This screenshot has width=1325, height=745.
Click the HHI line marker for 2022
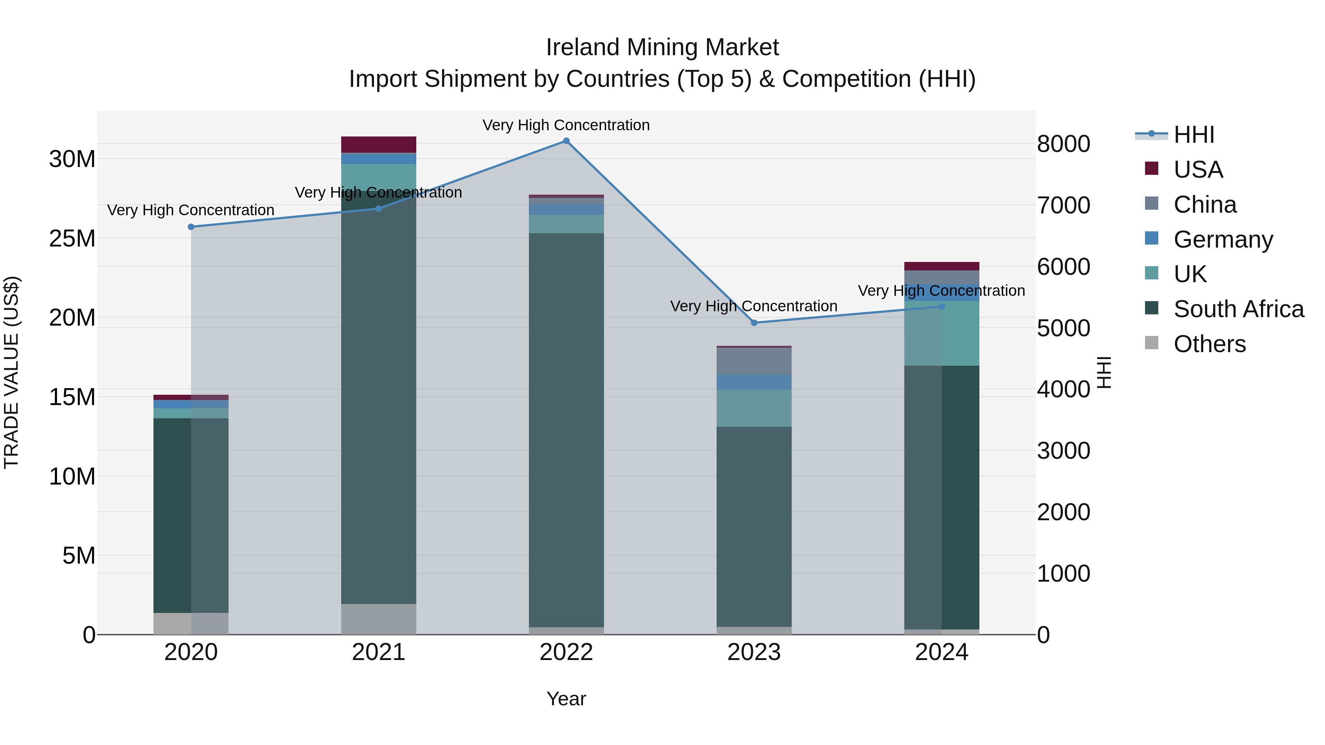566,141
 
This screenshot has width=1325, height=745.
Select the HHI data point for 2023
754,323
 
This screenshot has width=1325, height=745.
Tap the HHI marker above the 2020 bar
191,227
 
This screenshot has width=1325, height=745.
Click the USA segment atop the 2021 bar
379,145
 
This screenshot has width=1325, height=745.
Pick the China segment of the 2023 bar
754,361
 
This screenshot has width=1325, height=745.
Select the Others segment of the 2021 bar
379,619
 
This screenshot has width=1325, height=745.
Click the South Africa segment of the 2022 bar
566,429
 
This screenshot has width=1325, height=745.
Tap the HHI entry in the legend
1193,135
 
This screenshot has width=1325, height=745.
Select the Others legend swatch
1152,343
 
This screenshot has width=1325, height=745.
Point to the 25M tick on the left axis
72,238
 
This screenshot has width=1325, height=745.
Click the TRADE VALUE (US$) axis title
11,372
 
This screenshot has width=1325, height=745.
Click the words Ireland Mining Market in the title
662,47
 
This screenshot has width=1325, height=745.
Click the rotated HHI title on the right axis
1104,372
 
